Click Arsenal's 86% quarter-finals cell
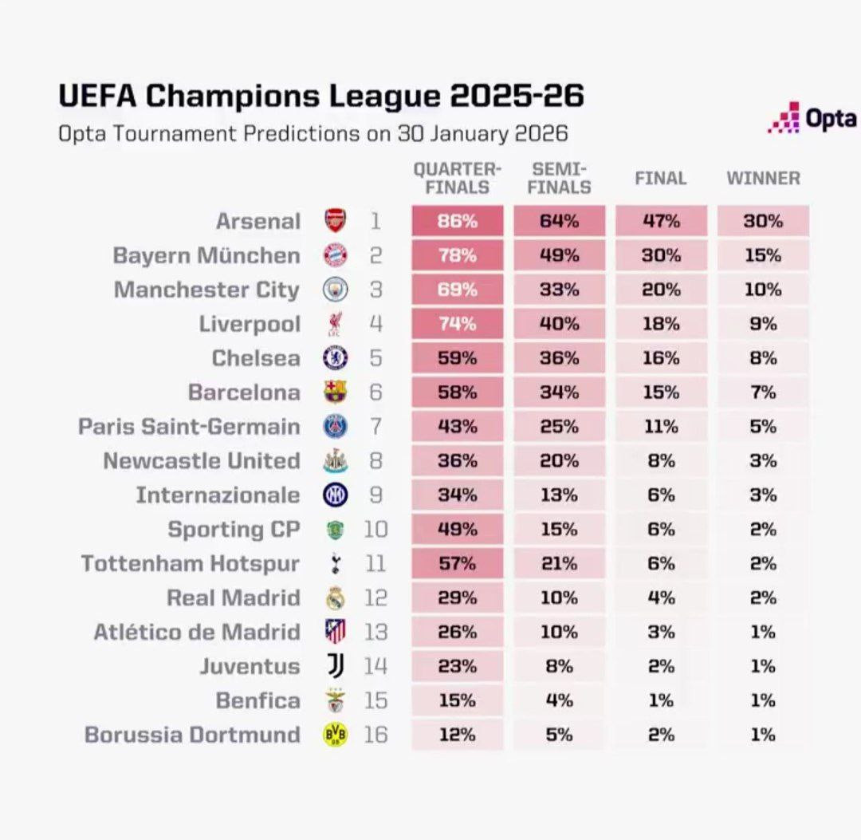tap(458, 221)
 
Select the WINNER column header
tap(763, 178)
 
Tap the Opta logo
tap(812, 118)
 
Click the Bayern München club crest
tap(335, 255)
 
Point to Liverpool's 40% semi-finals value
tap(559, 324)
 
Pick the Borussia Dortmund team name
tap(192, 735)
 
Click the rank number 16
tap(375, 735)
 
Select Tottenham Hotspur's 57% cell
tap(458, 564)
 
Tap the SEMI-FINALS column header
tap(559, 178)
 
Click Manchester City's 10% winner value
tap(763, 290)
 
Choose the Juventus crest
tap(335, 666)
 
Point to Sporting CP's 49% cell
tap(458, 530)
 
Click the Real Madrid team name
tap(234, 598)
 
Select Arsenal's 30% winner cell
tap(763, 221)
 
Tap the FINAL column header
tap(660, 178)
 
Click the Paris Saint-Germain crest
tap(335, 427)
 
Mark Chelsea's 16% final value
tap(661, 358)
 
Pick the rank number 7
tap(375, 427)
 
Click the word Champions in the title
tap(234, 96)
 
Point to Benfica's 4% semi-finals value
tap(559, 700)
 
